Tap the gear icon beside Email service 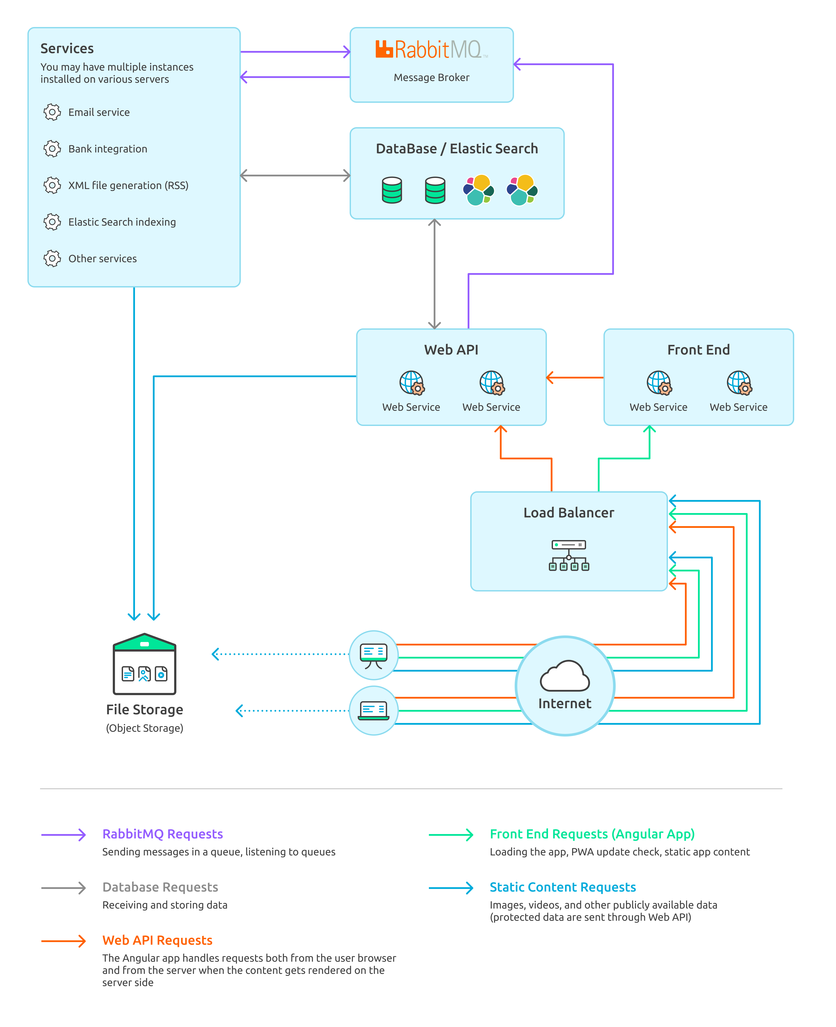coord(52,112)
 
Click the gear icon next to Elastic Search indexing coord(52,222)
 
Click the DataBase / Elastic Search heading coord(457,149)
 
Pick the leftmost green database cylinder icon coord(391,190)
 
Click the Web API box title coord(451,350)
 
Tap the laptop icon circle coord(374,710)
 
